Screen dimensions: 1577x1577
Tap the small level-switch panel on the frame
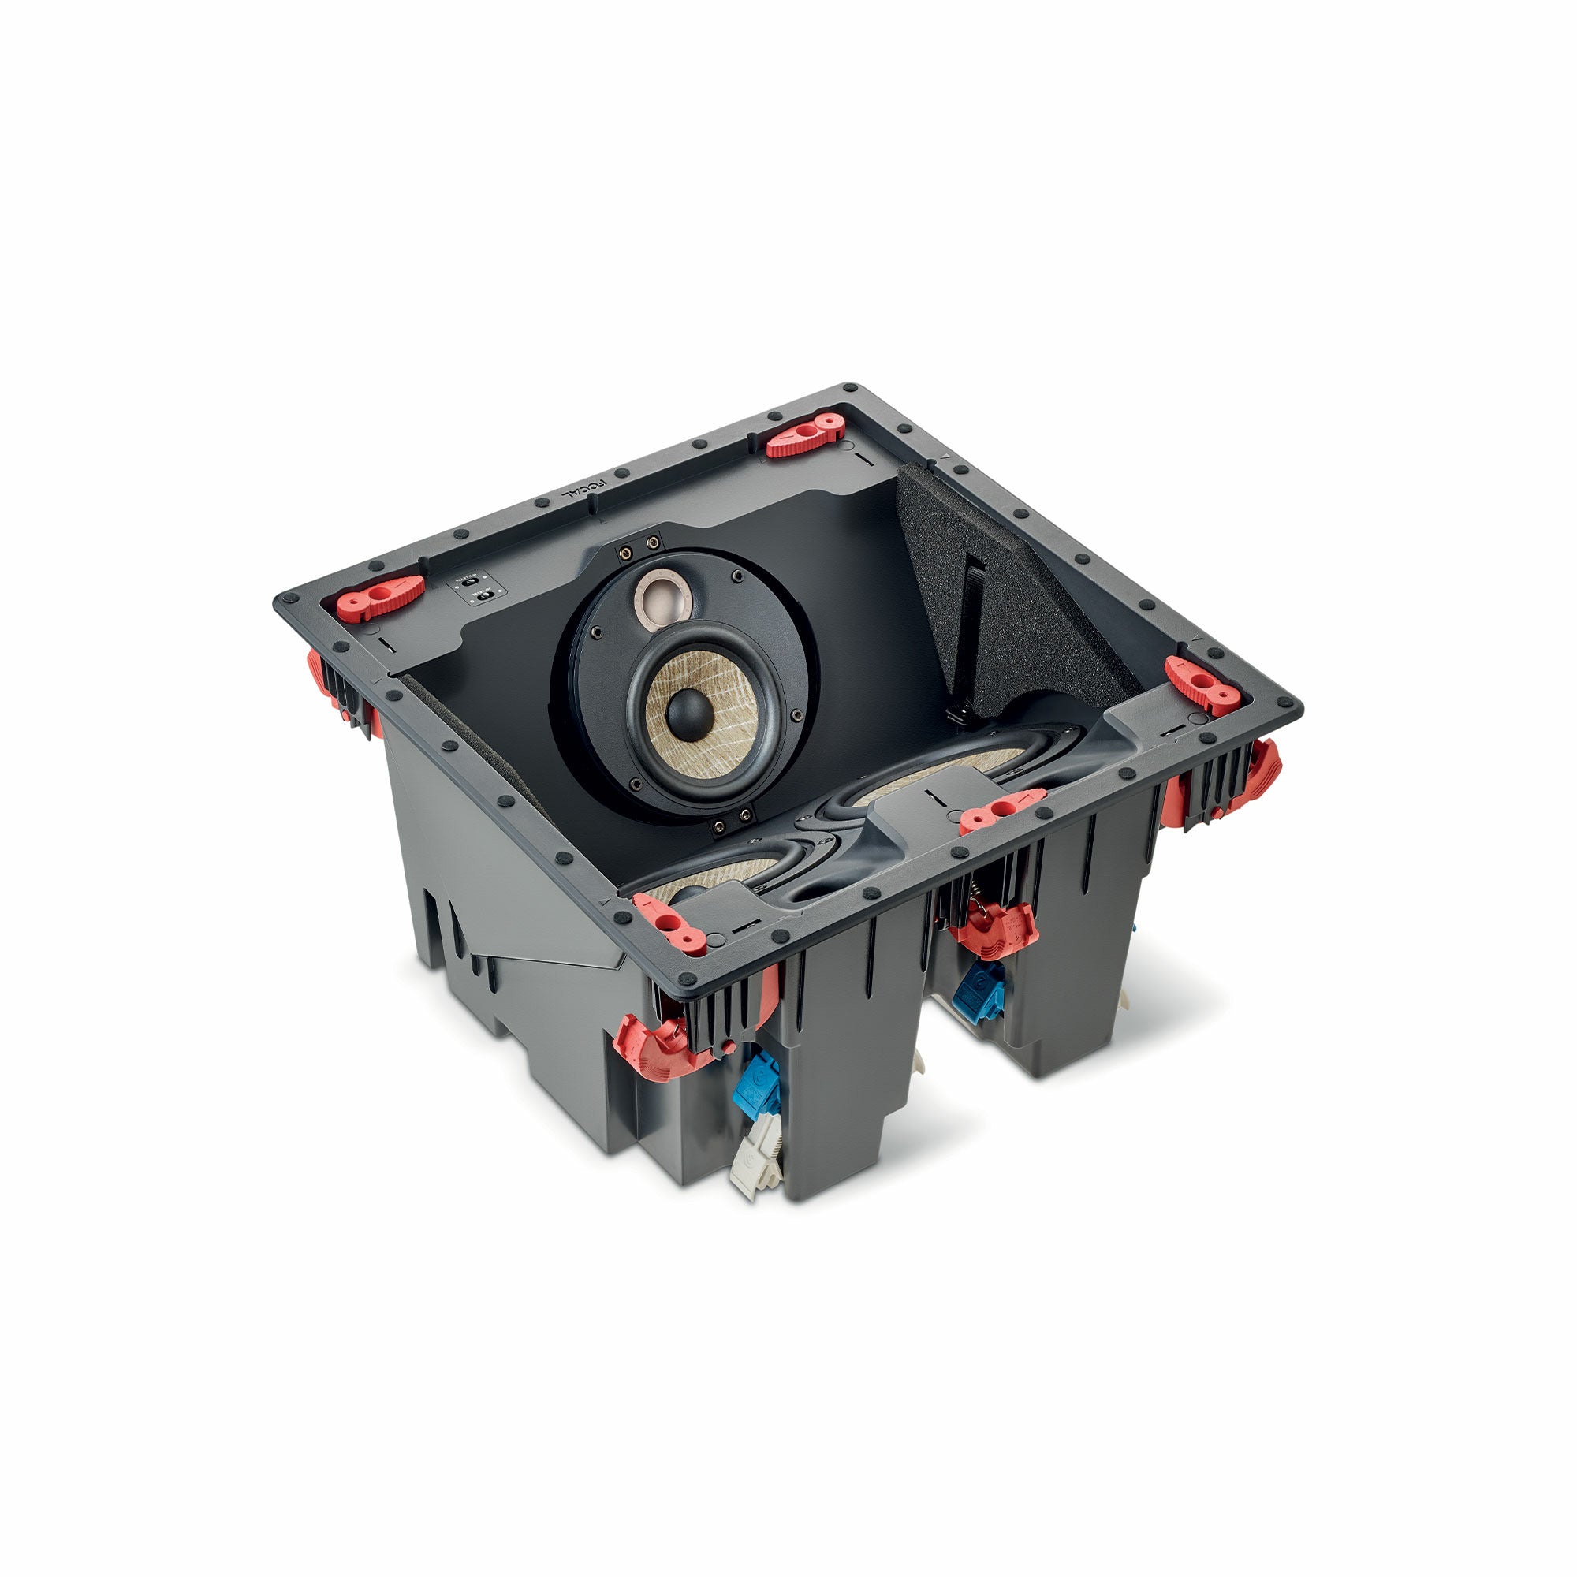click(478, 589)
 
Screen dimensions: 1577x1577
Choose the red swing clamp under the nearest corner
click(657, 1046)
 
